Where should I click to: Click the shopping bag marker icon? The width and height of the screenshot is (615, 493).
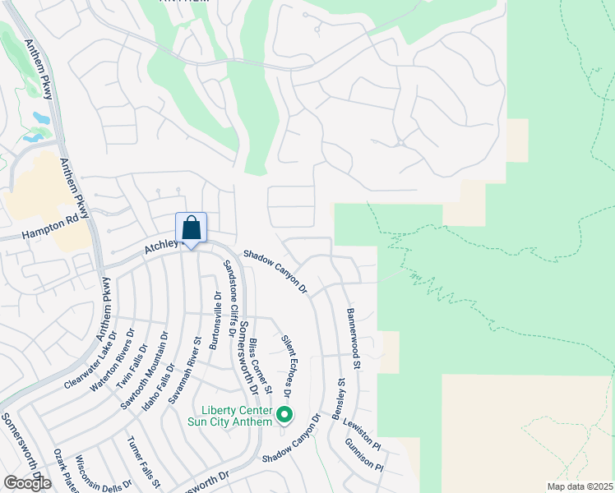pos(191,228)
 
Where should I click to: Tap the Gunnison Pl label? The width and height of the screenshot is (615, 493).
pos(364,454)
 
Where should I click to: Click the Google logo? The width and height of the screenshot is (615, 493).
pos(27,483)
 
